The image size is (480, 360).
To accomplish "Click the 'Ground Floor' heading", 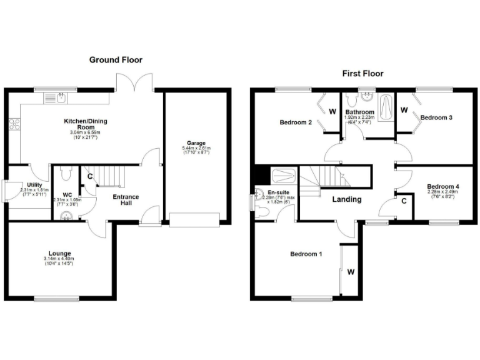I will (x=116, y=60).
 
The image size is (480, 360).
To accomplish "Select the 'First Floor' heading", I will (x=362, y=73).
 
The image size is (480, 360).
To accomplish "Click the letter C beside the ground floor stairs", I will (x=90, y=177).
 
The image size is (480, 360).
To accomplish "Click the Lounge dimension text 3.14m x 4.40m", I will (x=59, y=259).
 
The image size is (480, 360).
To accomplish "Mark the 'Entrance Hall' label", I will (x=126, y=201).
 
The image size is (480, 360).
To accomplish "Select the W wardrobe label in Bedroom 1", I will (x=351, y=272).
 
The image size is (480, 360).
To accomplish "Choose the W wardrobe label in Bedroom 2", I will (x=332, y=112).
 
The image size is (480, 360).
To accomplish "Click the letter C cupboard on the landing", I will (x=404, y=201).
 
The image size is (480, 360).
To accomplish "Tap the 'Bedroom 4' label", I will (x=443, y=186).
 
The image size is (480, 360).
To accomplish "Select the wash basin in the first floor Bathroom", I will (x=367, y=97).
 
